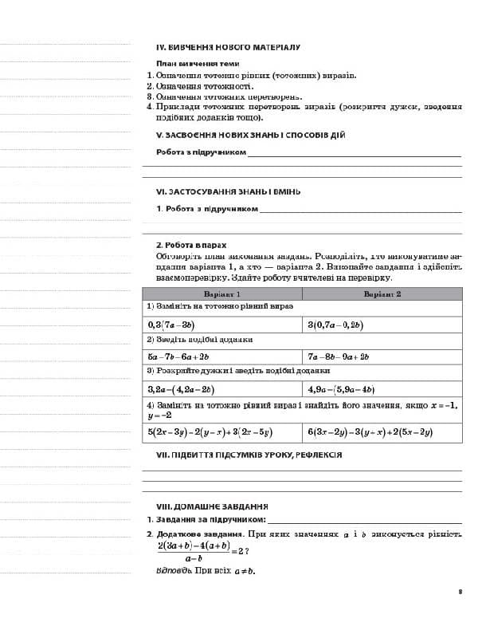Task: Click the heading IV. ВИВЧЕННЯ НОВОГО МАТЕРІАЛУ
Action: tap(228, 47)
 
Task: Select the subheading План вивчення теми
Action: tap(198, 63)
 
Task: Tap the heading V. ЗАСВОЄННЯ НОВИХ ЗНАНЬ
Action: tap(250, 135)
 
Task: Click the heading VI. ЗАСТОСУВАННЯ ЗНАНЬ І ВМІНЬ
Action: tap(228, 191)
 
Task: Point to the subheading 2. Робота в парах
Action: tap(191, 245)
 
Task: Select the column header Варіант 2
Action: tap(382, 293)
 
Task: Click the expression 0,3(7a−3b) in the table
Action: tap(172, 325)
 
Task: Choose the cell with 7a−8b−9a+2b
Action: tap(339, 356)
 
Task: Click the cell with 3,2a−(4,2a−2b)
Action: tap(180, 389)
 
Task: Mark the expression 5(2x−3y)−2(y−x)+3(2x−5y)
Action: tap(210, 431)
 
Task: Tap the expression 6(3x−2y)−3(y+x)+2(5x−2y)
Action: tap(370, 431)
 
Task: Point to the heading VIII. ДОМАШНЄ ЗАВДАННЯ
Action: tap(212, 506)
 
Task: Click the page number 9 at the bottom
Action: tap(460, 591)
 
